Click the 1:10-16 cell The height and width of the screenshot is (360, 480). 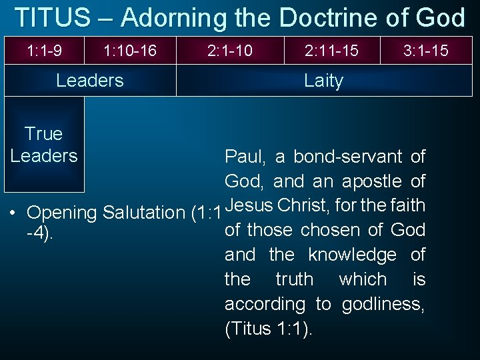tap(130, 50)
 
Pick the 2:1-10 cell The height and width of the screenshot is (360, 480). tap(230, 50)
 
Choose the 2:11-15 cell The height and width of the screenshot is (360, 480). tap(331, 50)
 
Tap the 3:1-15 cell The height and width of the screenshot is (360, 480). tap(426, 50)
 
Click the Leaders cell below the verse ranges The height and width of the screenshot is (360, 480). tap(90, 81)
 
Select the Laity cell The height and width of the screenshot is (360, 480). tap(324, 81)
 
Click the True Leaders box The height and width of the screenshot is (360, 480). tap(44, 145)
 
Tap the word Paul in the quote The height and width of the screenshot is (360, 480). tap(244, 157)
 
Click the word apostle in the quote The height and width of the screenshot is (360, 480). tap(371, 181)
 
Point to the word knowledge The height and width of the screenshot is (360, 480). tap(352, 255)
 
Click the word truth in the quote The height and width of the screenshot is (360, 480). tap(294, 279)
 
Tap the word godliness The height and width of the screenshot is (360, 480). tap(383, 304)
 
